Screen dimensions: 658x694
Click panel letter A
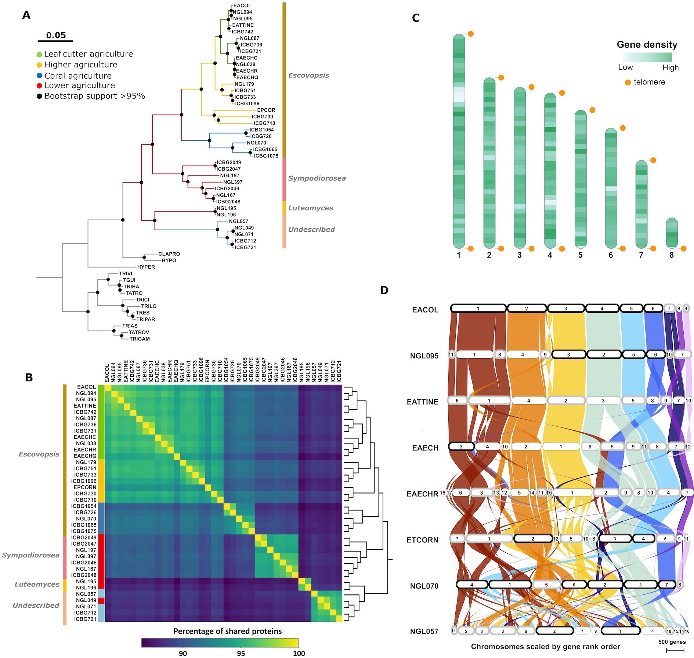pyautogui.click(x=26, y=15)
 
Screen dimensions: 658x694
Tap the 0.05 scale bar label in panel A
pyautogui.click(x=56, y=35)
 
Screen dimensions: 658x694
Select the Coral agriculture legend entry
pyautogui.click(x=78, y=76)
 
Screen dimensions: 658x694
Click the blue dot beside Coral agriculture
pyautogui.click(x=39, y=76)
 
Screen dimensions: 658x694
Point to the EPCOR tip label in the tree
pyautogui.click(x=266, y=110)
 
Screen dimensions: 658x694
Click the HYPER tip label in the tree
pyautogui.click(x=146, y=267)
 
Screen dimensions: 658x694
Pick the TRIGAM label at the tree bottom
pyautogui.click(x=140, y=339)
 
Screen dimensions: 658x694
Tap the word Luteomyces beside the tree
pyautogui.click(x=310, y=208)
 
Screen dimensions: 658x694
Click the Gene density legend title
pyautogui.click(x=647, y=45)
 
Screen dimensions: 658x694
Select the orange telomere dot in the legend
pyautogui.click(x=628, y=82)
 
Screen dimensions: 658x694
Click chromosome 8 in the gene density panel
pyautogui.click(x=672, y=233)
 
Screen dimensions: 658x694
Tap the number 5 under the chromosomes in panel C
pyautogui.click(x=580, y=255)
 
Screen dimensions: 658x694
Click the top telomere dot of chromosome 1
pyautogui.click(x=470, y=34)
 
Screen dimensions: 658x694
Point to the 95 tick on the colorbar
pyautogui.click(x=241, y=653)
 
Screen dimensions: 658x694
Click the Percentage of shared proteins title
pyautogui.click(x=227, y=631)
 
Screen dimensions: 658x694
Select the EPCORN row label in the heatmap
pyautogui.click(x=85, y=487)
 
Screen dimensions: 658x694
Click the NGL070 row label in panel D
pyautogui.click(x=424, y=586)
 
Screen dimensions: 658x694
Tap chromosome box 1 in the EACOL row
pyautogui.click(x=478, y=308)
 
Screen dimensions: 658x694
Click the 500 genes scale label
pyautogui.click(x=672, y=642)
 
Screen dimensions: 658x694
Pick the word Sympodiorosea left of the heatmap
pyautogui.click(x=30, y=555)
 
